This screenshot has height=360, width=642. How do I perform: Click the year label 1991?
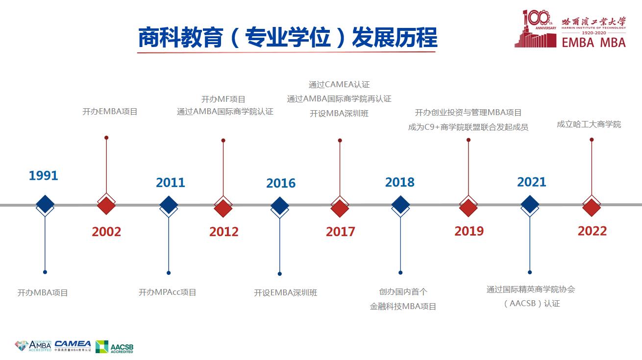pyautogui.click(x=43, y=175)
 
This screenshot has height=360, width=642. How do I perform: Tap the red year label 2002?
pyautogui.click(x=106, y=231)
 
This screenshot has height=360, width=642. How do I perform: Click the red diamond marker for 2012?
pyautogui.click(x=223, y=208)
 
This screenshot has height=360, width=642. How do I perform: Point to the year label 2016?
pyautogui.click(x=281, y=183)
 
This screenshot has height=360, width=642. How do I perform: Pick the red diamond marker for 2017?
pyautogui.click(x=340, y=208)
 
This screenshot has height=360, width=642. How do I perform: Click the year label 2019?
pyautogui.click(x=469, y=231)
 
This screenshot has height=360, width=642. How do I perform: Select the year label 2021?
pyautogui.click(x=532, y=182)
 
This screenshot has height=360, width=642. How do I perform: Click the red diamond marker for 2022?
pyautogui.click(x=592, y=207)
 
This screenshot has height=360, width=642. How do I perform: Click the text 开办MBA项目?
pyautogui.click(x=43, y=293)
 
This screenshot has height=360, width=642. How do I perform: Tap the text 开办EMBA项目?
pyautogui.click(x=110, y=111)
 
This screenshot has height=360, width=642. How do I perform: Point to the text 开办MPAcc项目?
pyautogui.click(x=167, y=292)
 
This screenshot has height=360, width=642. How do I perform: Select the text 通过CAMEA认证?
pyautogui.click(x=339, y=84)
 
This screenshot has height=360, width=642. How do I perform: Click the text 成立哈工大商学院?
pyautogui.click(x=589, y=124)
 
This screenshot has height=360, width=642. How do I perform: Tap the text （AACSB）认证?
pyautogui.click(x=532, y=303)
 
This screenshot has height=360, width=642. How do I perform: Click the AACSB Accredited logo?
pyautogui.click(x=114, y=347)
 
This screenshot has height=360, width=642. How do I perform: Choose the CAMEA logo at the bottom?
pyautogui.click(x=73, y=346)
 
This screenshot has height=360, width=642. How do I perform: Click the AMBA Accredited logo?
pyautogui.click(x=33, y=346)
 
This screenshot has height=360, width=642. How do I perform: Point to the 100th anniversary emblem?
pyautogui.click(x=535, y=28)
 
